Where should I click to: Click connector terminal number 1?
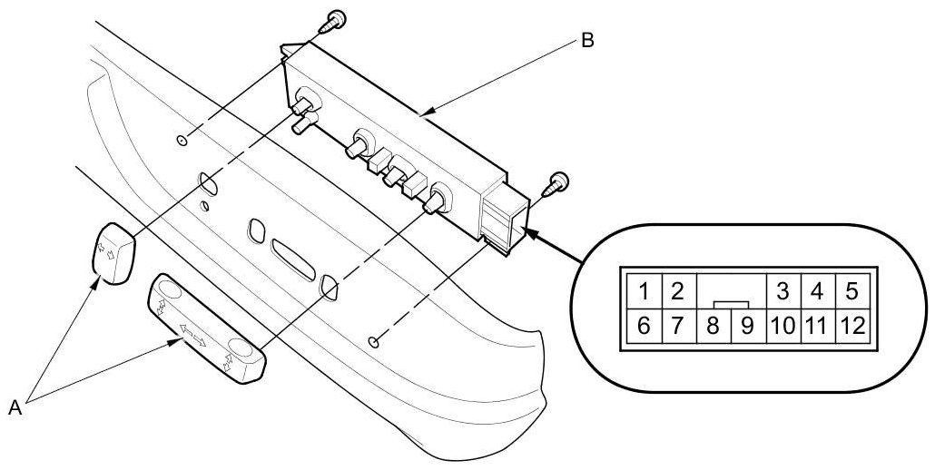[x=643, y=292]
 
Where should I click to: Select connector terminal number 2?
[x=676, y=292]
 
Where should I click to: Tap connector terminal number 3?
[x=781, y=292]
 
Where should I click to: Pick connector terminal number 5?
[x=851, y=292]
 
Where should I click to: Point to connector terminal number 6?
[x=643, y=326]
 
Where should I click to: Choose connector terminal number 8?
[x=714, y=326]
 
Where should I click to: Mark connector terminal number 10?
[x=781, y=326]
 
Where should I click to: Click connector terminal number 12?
[x=851, y=326]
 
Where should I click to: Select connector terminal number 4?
[x=816, y=292]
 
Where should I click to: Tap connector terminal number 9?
[x=747, y=326]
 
